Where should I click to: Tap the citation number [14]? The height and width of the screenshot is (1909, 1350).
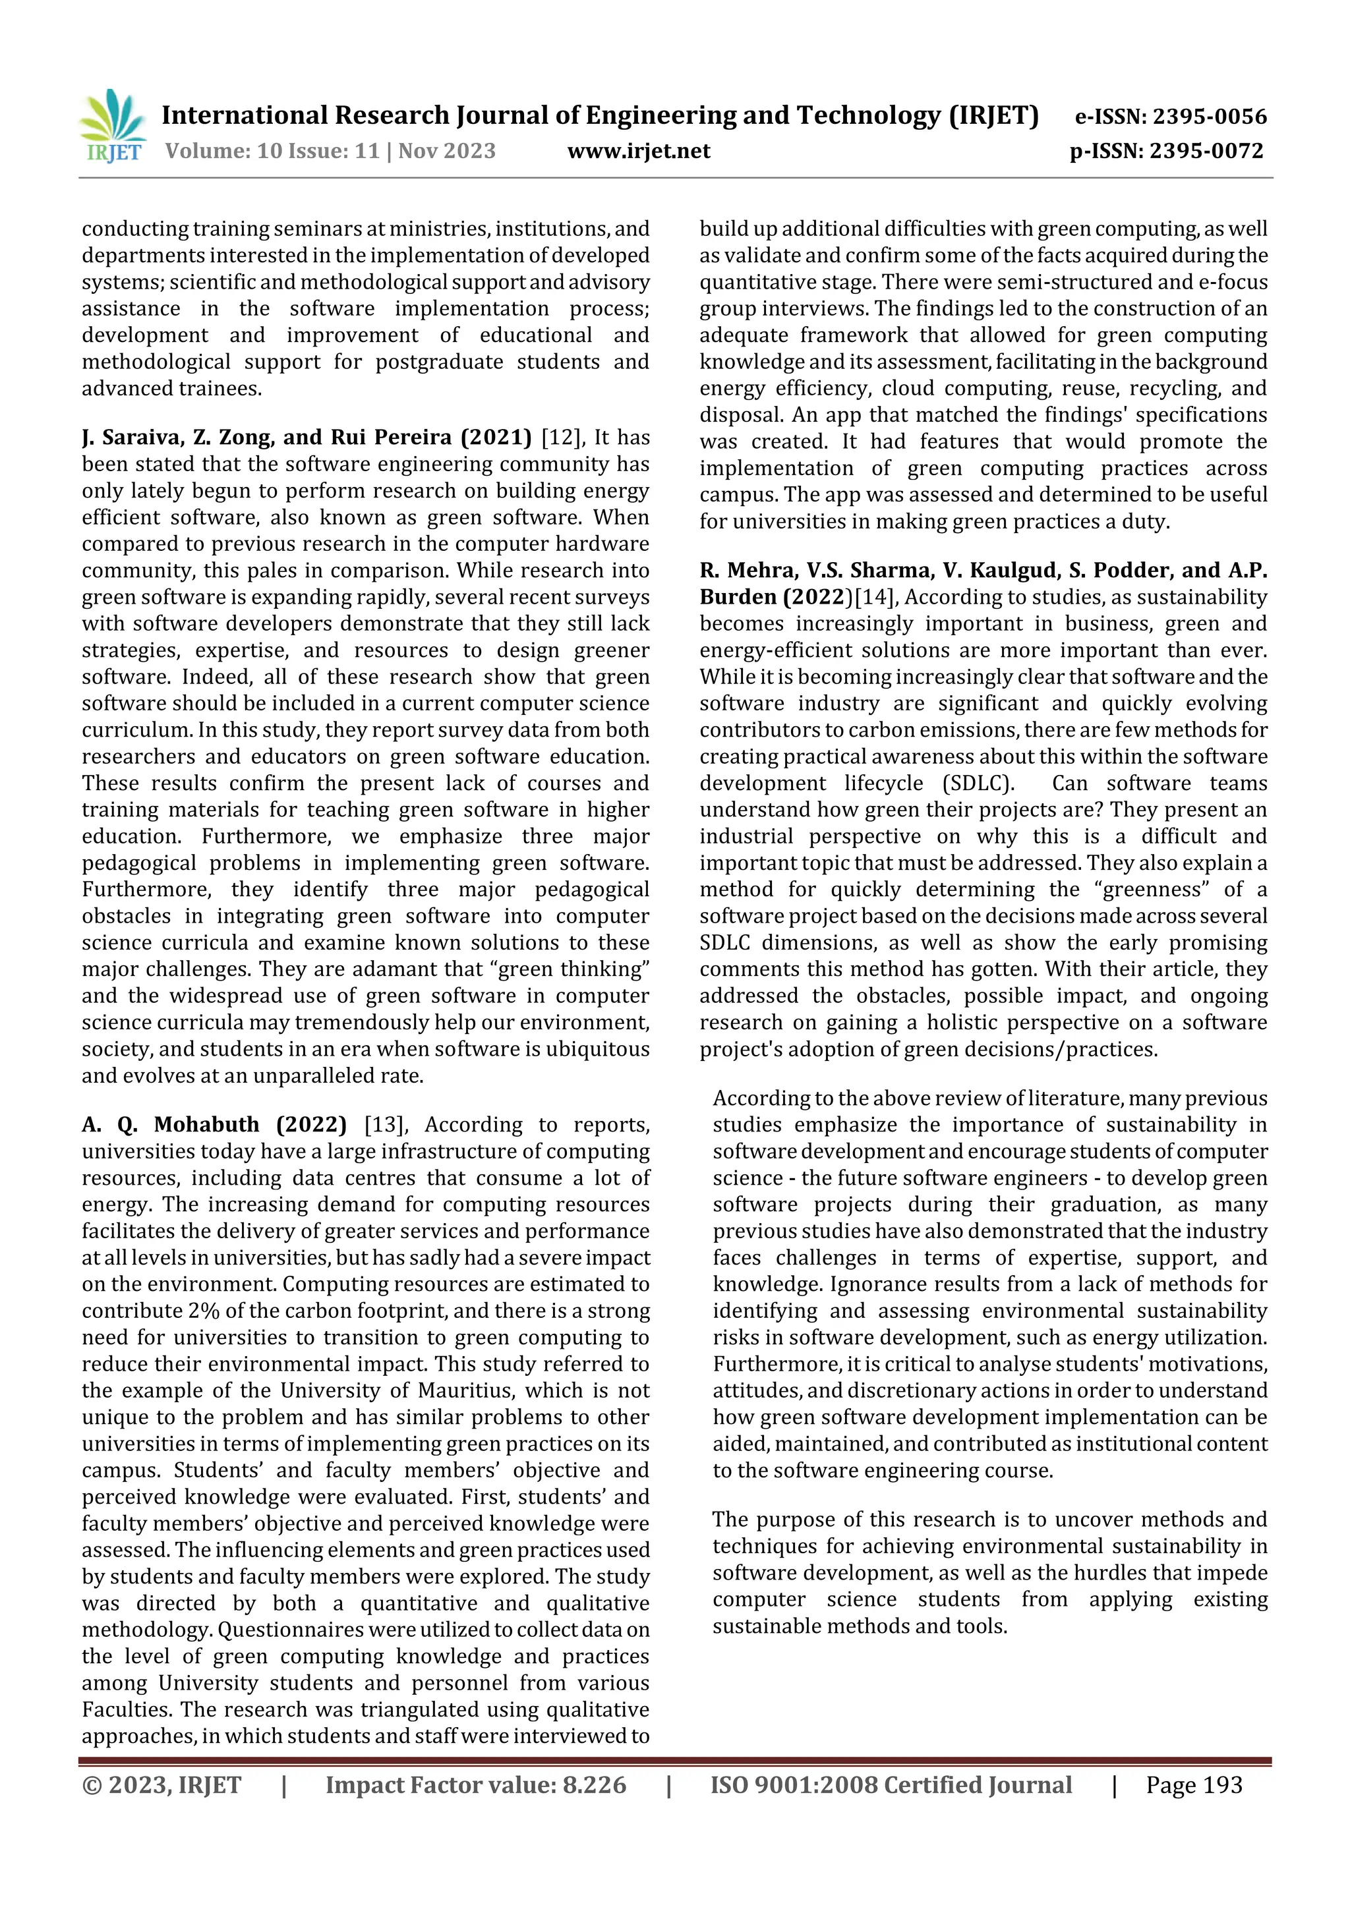tap(874, 597)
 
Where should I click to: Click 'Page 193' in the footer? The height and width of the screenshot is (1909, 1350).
tap(1194, 1785)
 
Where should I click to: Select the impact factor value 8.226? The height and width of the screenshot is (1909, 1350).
tap(594, 1785)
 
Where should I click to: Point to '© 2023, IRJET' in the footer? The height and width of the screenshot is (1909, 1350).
tap(161, 1785)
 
